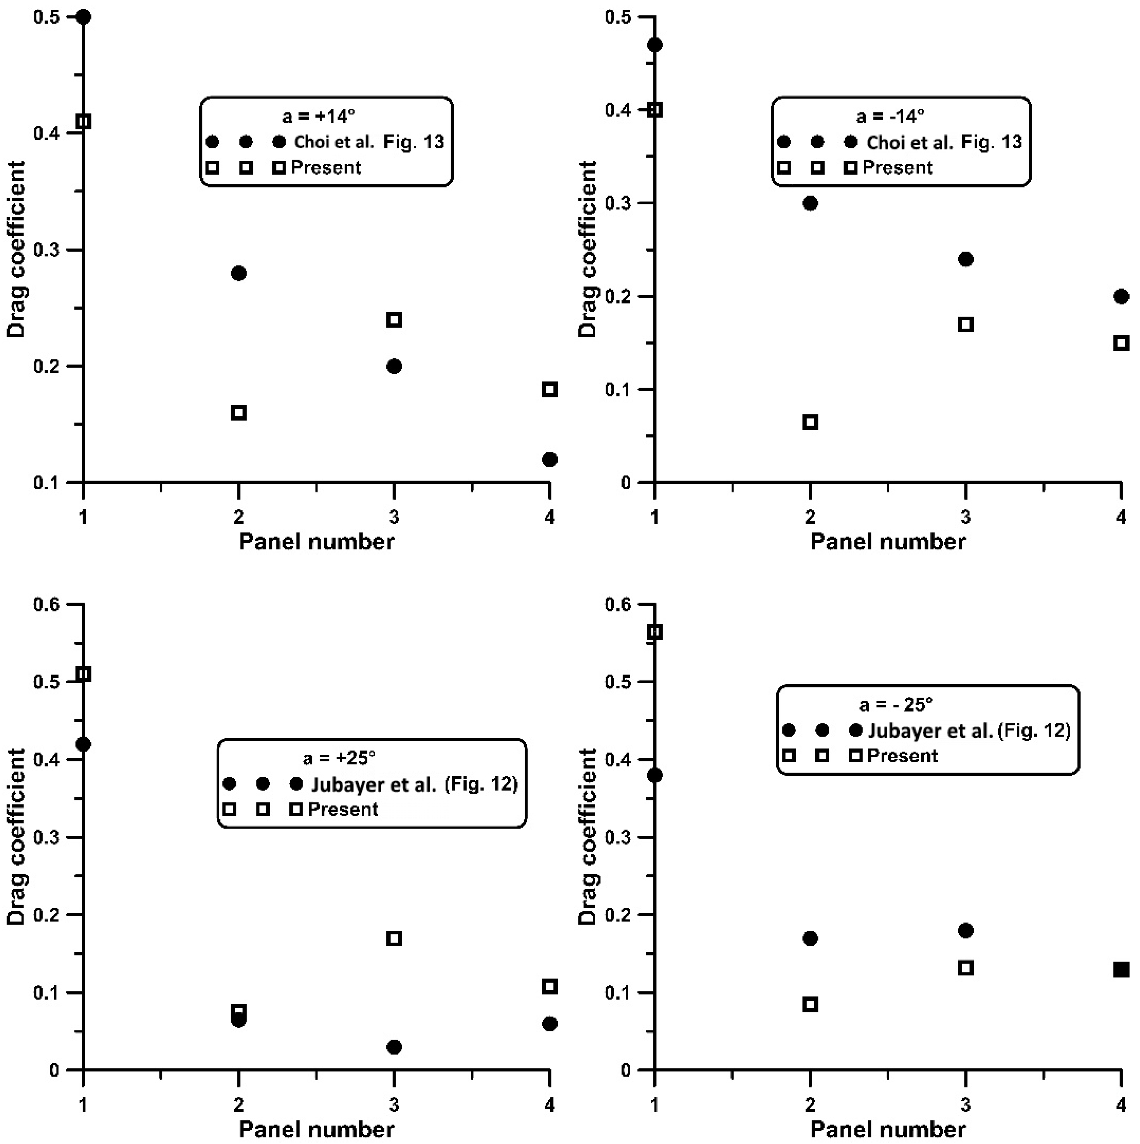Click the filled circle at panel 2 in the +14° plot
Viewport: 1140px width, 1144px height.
tap(239, 273)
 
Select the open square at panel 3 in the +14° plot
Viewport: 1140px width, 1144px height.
tap(394, 320)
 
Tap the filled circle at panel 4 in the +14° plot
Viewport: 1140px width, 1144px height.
tap(550, 459)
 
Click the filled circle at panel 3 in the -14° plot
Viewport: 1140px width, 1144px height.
tap(966, 259)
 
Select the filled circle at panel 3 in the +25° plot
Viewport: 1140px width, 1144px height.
tap(394, 1047)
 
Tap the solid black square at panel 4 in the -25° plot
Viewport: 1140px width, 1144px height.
tap(1121, 970)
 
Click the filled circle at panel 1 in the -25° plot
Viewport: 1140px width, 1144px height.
tap(655, 775)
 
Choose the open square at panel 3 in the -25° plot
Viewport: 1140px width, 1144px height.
tap(966, 968)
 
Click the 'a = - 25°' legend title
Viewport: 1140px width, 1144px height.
tap(896, 704)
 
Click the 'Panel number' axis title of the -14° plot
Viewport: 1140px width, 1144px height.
tap(888, 541)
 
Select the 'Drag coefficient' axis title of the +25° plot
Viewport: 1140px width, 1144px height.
tap(17, 837)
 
